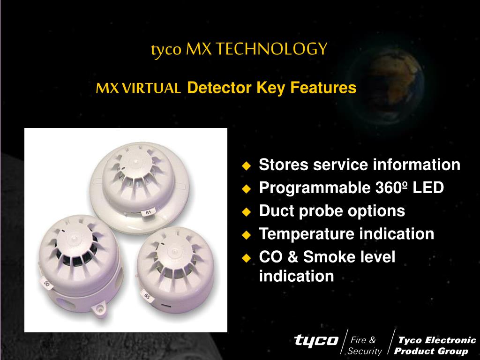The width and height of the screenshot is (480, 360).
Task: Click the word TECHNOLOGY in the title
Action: coord(271,49)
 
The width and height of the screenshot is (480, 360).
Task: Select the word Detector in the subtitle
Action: coord(219,87)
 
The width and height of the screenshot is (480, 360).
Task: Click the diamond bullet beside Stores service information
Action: coord(246,166)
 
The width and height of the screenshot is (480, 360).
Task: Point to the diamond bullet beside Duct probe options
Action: coord(246,212)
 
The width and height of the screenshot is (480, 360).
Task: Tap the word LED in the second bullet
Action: coord(428,187)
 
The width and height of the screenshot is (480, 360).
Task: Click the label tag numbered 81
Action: coord(149,212)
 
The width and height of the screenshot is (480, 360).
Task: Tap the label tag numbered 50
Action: coord(46,284)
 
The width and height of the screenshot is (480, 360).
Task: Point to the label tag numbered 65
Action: coord(147,296)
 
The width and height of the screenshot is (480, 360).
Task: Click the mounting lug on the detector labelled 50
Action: coord(99,309)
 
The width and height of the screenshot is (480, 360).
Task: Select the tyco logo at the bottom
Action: coord(316,340)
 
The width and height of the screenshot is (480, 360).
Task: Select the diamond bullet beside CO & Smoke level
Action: coord(246,258)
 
